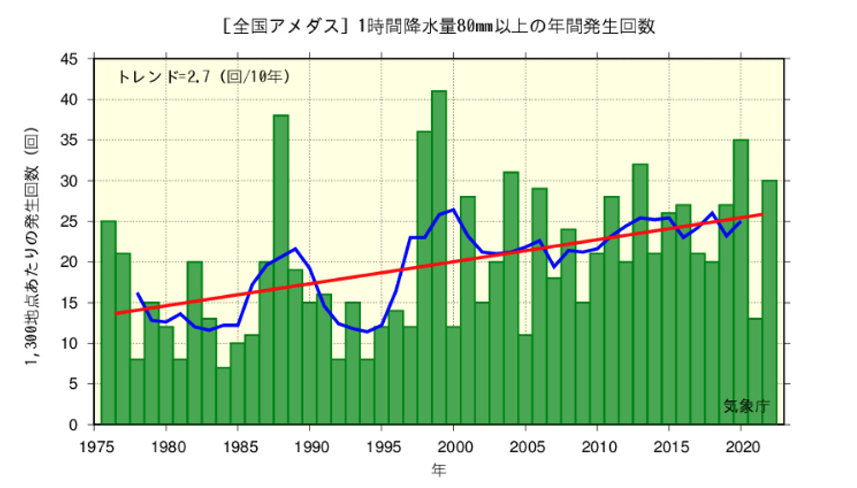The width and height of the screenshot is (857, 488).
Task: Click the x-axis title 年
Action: (439, 470)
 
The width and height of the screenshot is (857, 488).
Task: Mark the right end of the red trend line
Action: (762, 214)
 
